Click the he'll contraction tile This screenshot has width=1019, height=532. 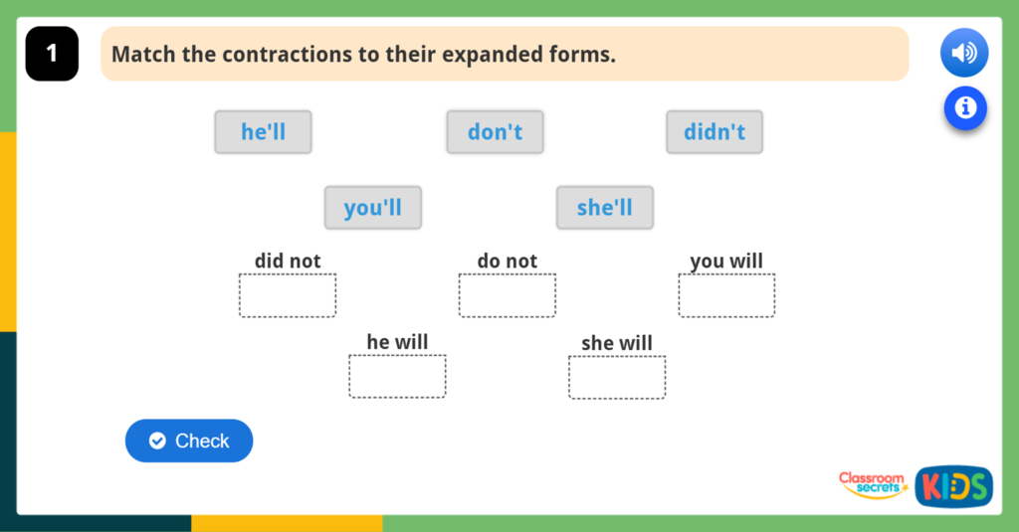coord(263,132)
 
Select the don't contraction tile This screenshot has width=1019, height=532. coord(495,132)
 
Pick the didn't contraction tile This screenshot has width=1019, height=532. coord(714,132)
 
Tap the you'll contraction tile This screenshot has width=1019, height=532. coord(372,208)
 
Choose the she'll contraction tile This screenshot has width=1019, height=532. coord(604,208)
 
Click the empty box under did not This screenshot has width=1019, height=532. coord(287,295)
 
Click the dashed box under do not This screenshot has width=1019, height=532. coord(507,295)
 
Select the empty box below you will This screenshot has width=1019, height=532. coord(726,295)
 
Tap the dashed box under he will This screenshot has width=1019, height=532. coord(397,376)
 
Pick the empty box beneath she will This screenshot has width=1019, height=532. coord(617,377)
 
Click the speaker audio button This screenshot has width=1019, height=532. coord(963,53)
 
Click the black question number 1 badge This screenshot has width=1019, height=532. coord(52,54)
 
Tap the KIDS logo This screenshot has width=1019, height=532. coord(953,486)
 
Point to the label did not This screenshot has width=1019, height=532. coord(288,262)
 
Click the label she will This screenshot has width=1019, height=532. coord(617,343)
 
